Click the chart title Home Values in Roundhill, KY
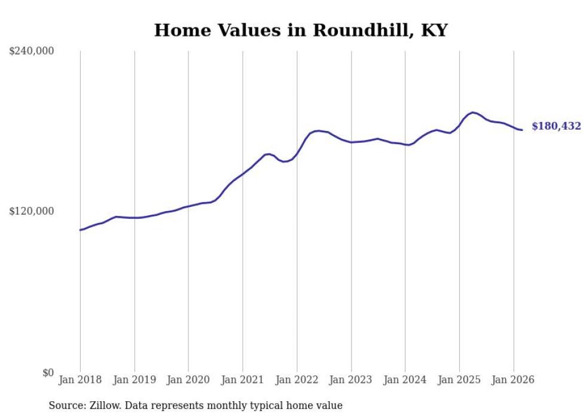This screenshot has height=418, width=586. click(x=301, y=30)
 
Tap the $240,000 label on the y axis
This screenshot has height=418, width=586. click(x=32, y=51)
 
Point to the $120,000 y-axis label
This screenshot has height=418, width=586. click(x=32, y=211)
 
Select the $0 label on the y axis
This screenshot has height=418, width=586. click(x=48, y=373)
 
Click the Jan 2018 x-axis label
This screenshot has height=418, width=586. click(x=80, y=380)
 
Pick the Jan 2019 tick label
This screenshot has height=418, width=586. click(x=134, y=380)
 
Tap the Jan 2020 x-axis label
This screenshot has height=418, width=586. click(x=188, y=380)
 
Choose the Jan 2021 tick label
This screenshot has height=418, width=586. click(x=243, y=380)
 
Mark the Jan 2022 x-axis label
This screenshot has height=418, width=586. click(x=297, y=380)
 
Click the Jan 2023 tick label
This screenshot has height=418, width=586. click(x=351, y=380)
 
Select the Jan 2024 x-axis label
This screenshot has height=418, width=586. click(x=405, y=380)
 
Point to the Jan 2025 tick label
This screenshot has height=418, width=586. click(x=459, y=380)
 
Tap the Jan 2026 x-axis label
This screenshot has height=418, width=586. click(x=513, y=380)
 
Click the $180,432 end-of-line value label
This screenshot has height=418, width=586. click(x=556, y=126)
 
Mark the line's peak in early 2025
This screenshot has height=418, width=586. click(x=473, y=112)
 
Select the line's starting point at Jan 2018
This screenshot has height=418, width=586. click(x=80, y=230)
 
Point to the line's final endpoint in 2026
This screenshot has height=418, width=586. click(x=522, y=130)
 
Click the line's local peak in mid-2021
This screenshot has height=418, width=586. click(x=268, y=154)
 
